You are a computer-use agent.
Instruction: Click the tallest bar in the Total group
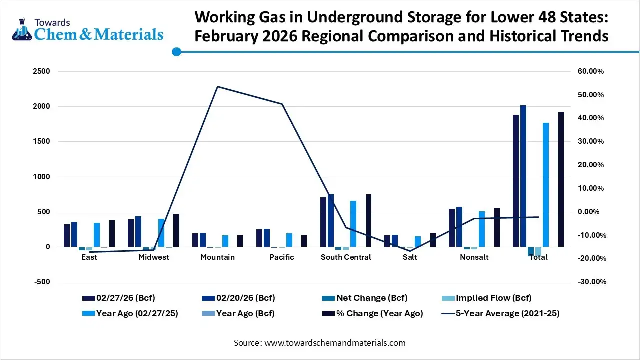(x=523, y=176)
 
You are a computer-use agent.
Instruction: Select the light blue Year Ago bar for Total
(x=546, y=185)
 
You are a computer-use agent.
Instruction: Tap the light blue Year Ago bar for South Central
(x=353, y=224)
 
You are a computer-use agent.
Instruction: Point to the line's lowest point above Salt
(x=410, y=251)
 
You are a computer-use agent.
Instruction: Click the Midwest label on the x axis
(x=153, y=257)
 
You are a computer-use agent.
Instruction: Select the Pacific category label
(x=281, y=257)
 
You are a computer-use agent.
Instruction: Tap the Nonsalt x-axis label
(x=474, y=257)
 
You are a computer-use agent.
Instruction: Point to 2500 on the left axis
(x=42, y=71)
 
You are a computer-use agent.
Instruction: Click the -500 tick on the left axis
(x=42, y=282)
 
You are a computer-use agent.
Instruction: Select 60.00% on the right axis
(x=591, y=71)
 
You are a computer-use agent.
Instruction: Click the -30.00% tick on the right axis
(x=591, y=282)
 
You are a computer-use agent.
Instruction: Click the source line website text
(x=334, y=343)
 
